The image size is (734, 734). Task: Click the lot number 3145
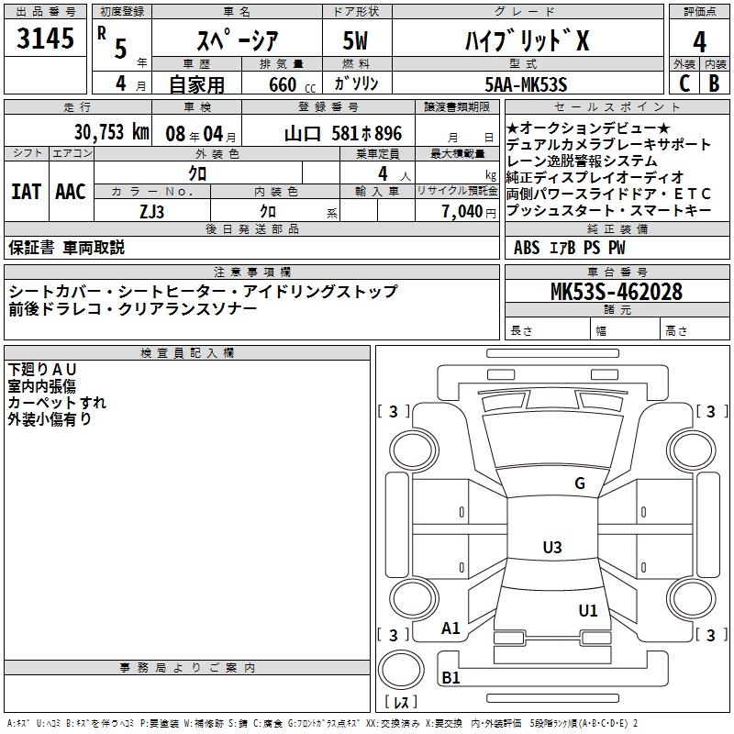point(45,40)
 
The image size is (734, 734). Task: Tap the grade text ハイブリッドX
point(524,40)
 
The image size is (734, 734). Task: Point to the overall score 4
point(699,42)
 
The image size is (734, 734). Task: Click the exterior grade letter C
point(684,83)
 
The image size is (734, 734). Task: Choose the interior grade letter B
point(715,83)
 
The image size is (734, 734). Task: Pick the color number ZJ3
point(152,210)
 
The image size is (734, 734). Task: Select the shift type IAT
point(26,192)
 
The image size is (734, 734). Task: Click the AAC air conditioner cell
point(71,192)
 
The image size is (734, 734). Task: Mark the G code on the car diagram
point(579,484)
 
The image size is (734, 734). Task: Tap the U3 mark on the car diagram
point(551,548)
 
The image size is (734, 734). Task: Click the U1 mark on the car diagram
point(587,609)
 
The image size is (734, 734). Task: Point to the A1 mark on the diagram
point(450,628)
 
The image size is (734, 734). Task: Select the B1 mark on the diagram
point(450,678)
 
